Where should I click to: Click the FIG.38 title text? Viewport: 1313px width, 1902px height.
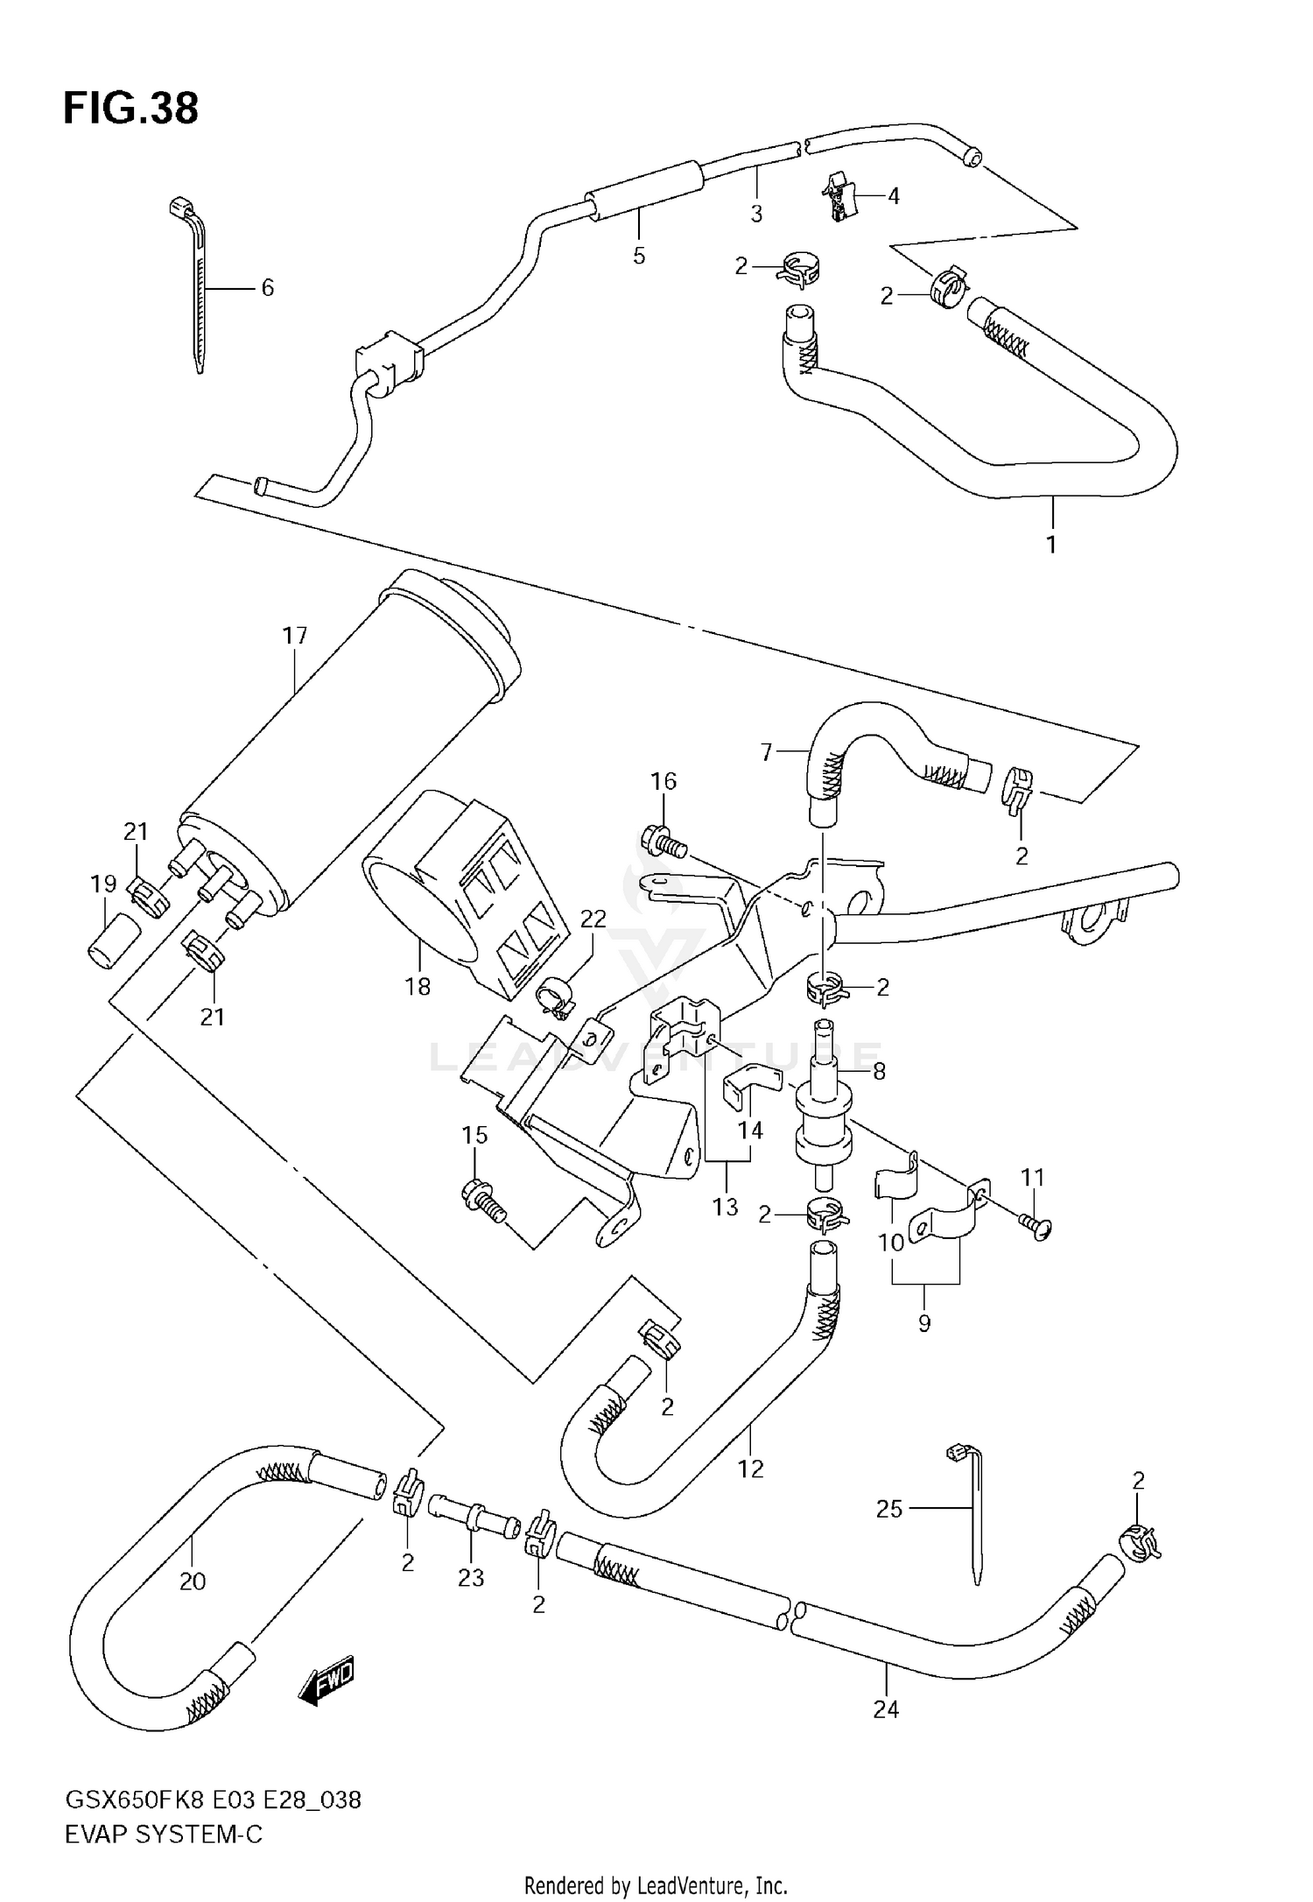point(131,109)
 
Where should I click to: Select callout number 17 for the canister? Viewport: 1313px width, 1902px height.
point(295,635)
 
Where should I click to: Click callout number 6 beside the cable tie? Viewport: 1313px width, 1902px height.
point(268,287)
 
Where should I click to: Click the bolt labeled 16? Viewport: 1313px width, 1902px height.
point(664,841)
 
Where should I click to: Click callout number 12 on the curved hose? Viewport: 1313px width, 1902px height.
point(751,1469)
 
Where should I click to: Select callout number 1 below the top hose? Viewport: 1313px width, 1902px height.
point(1050,544)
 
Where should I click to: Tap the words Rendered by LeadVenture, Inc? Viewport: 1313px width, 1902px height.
point(656,1884)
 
